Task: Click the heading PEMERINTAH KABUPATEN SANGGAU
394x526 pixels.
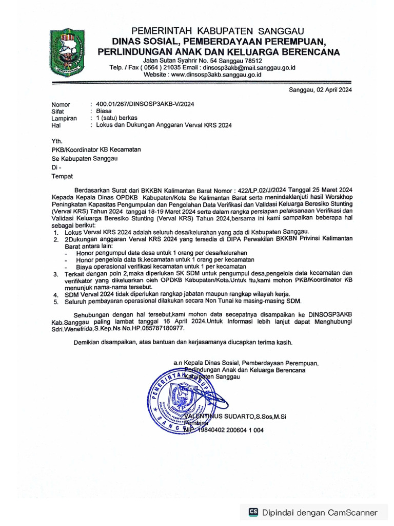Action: (218, 31)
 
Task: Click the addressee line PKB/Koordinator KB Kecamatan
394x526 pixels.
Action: (96, 149)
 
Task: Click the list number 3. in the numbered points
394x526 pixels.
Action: (56, 275)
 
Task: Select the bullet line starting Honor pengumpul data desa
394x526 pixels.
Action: (162, 253)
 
